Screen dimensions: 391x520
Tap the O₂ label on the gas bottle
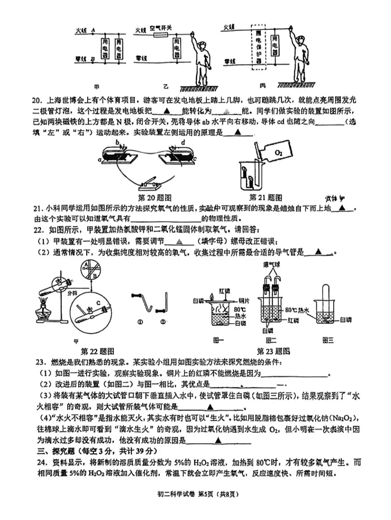[x=278, y=153]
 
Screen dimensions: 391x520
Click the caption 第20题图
[x=155, y=198]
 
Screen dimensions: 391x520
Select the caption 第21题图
[x=265, y=198]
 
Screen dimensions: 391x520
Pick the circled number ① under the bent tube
[x=140, y=322]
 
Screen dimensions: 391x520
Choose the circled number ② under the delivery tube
[x=163, y=322]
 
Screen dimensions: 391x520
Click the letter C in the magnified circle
[x=98, y=303]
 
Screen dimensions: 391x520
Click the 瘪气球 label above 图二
[x=272, y=265]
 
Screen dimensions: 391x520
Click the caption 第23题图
[x=273, y=351]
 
